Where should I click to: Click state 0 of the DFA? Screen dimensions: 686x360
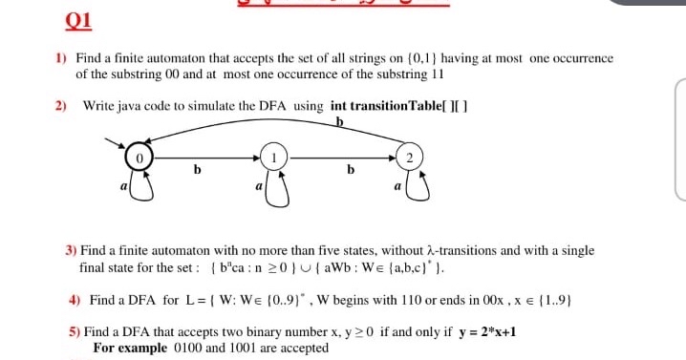pos(139,155)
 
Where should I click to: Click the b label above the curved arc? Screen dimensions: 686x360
pos(339,121)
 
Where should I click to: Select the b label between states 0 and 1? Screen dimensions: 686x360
pos(198,170)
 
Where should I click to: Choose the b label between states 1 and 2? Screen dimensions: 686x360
pos(350,170)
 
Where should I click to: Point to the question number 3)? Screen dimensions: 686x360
pos(72,250)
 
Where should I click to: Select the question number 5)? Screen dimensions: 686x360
pos(74,332)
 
